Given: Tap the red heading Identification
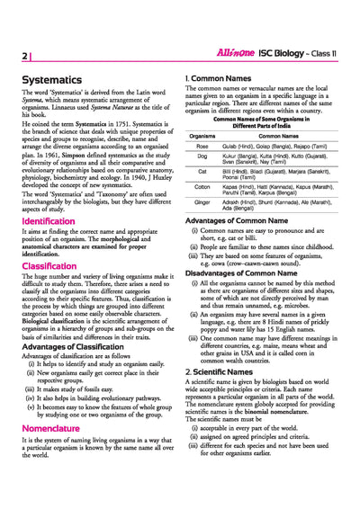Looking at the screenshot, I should pyautogui.click(x=49, y=220).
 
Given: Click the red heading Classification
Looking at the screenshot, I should pyautogui.click(x=49, y=266).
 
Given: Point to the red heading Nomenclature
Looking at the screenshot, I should pyautogui.click(x=52, y=429).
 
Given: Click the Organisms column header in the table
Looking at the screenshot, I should pyautogui.click(x=202, y=136).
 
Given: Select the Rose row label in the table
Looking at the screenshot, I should pyautogui.click(x=202, y=146).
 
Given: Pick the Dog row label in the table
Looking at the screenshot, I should pyautogui.click(x=202, y=158).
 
